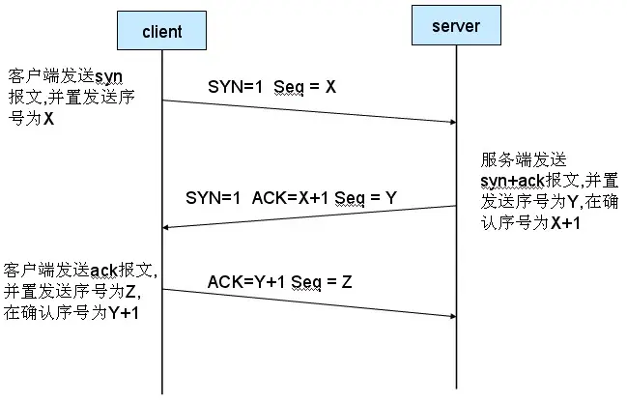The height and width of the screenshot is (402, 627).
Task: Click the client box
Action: point(161,30)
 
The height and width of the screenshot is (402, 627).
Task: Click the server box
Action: point(456,25)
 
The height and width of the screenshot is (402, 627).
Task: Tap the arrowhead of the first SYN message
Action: point(453,122)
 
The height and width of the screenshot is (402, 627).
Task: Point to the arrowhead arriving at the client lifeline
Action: point(166,228)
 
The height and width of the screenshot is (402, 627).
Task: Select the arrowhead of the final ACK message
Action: point(453,316)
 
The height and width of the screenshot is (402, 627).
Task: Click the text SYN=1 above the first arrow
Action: point(235,86)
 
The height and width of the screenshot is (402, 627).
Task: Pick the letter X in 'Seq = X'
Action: point(330,86)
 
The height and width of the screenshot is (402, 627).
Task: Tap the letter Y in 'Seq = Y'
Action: point(390,197)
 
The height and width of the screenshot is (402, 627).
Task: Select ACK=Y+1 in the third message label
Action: point(246,281)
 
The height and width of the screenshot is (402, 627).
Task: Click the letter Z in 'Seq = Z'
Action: point(347,281)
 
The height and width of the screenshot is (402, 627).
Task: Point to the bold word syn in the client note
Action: point(109,76)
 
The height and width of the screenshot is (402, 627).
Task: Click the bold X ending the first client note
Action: point(48,119)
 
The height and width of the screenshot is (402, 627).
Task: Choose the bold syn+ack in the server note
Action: point(513,182)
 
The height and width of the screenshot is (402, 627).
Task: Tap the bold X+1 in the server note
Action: point(566,223)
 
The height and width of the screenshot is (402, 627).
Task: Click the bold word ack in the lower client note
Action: point(104,271)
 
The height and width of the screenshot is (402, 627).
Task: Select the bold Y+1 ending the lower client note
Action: point(124,312)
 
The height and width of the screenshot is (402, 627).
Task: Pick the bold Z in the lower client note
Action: point(130,292)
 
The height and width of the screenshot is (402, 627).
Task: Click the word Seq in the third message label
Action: point(306,282)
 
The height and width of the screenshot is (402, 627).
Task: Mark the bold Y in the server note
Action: point(573,202)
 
